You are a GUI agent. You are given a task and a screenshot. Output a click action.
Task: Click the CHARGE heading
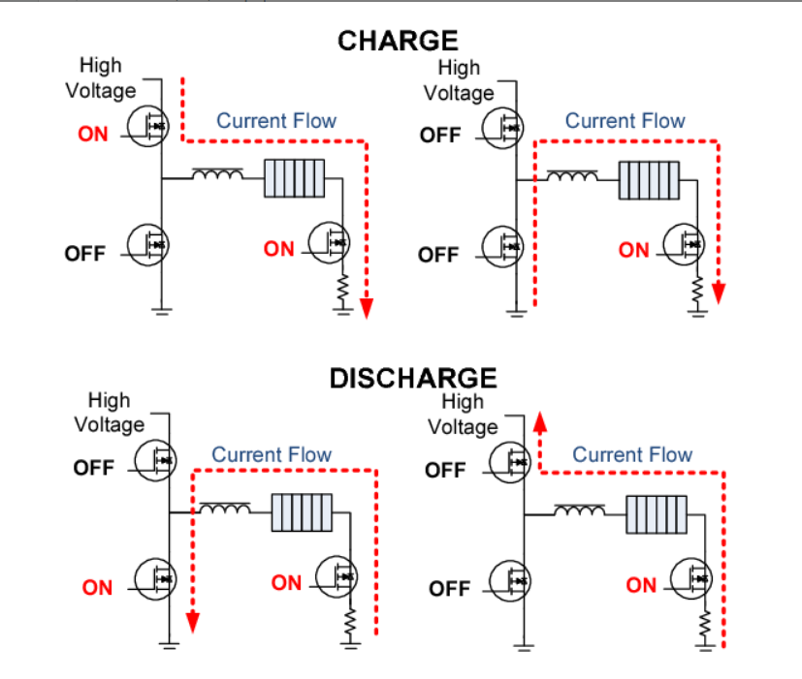click(397, 41)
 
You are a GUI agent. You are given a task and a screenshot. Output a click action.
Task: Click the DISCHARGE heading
click(413, 378)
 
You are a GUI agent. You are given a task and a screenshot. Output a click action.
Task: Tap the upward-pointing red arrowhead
click(540, 419)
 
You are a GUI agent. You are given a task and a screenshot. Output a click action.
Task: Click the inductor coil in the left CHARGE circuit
click(217, 175)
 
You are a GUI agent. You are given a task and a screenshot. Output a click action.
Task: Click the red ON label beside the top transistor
click(93, 135)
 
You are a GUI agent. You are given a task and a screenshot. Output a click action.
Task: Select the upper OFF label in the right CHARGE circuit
click(440, 136)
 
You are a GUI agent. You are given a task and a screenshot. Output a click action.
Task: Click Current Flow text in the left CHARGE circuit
click(275, 121)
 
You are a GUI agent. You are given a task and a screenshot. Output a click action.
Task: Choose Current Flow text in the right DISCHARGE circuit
click(632, 455)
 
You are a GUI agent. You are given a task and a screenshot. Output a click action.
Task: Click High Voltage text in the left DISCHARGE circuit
click(110, 412)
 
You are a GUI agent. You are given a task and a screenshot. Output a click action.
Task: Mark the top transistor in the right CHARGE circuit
click(505, 126)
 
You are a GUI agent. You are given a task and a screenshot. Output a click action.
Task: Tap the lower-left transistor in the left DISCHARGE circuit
click(153, 578)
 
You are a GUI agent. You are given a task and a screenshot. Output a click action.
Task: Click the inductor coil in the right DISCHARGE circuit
click(580, 509)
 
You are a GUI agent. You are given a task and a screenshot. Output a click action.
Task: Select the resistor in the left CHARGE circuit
click(341, 288)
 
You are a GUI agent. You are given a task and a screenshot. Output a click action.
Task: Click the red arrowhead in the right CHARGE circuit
click(720, 292)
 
